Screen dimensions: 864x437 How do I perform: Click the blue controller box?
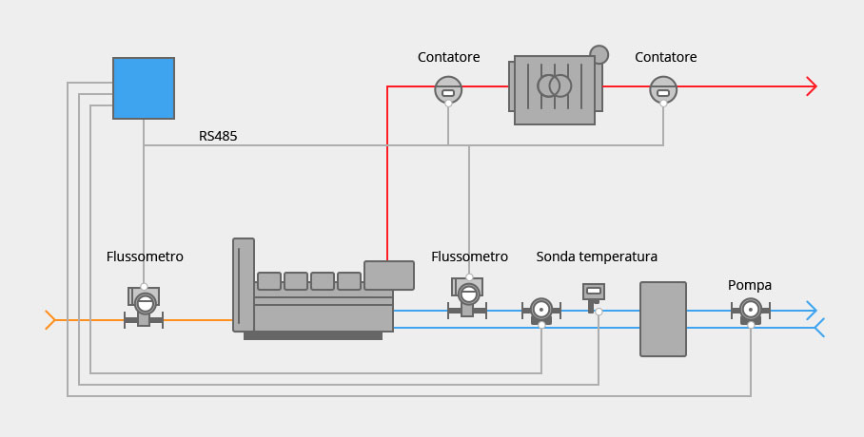click(x=144, y=88)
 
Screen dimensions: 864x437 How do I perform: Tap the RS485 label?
click(x=218, y=136)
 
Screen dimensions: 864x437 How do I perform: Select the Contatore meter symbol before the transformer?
click(x=448, y=90)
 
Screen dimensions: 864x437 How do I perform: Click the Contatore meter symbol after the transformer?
click(x=663, y=90)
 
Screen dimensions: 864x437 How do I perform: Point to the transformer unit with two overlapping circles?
click(x=555, y=89)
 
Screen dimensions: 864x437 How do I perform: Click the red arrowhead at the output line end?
click(x=811, y=86)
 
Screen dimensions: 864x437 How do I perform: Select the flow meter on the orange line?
click(x=144, y=306)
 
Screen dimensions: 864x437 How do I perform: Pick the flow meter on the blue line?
click(x=467, y=297)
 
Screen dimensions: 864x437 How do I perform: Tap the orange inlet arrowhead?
click(x=50, y=320)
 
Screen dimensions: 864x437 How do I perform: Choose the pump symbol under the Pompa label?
click(x=751, y=311)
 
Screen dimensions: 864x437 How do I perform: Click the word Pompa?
click(x=750, y=285)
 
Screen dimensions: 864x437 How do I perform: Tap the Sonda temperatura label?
click(x=597, y=256)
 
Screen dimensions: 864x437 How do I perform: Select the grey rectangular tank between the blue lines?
click(x=663, y=319)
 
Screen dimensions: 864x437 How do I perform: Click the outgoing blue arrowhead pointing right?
click(x=811, y=311)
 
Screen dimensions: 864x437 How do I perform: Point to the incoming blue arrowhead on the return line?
click(x=819, y=328)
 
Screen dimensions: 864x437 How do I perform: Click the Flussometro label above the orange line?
click(x=145, y=256)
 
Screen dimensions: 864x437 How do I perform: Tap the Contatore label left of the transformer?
click(x=448, y=57)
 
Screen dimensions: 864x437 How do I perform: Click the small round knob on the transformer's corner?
click(x=599, y=54)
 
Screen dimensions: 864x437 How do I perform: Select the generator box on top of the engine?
click(x=389, y=275)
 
